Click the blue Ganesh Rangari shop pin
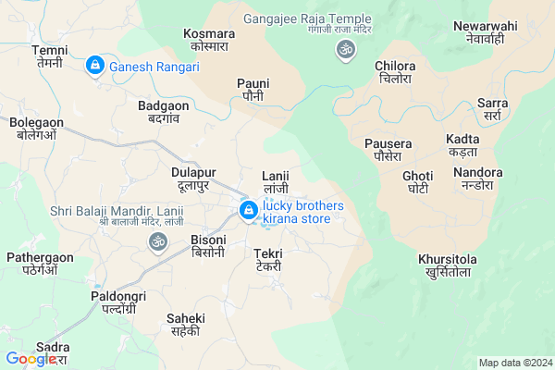point(94,66)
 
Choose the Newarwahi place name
point(484,33)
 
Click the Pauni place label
point(252,90)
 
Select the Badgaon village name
point(164,112)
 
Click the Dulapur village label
point(193,179)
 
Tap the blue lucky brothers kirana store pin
point(248,212)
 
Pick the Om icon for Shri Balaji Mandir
point(156,241)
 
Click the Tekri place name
point(268,259)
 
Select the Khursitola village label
point(447,265)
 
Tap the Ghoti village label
point(417,182)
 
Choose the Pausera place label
point(388,150)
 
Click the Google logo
point(31,359)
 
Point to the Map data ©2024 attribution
point(514,363)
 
